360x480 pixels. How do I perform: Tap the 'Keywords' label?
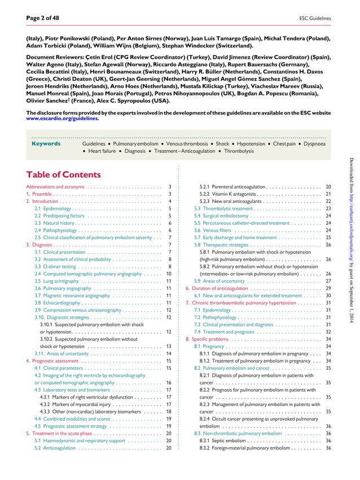(x=46, y=144)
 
